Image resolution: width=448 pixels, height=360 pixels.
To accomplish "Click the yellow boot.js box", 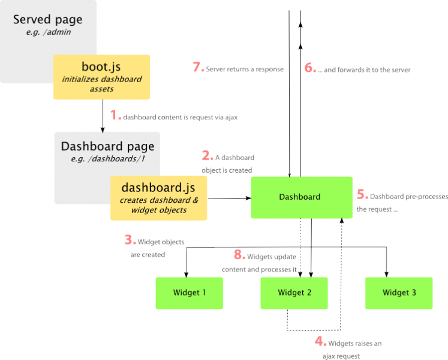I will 101,77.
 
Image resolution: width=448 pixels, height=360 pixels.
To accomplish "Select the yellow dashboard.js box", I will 158,198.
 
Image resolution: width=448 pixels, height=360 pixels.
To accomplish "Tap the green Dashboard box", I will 301,197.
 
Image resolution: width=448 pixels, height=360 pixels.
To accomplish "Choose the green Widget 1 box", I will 190,293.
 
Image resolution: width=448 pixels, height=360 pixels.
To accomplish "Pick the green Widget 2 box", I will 294,293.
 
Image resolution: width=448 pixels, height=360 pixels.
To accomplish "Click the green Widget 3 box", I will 399,293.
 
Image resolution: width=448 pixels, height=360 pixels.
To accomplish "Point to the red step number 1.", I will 114,114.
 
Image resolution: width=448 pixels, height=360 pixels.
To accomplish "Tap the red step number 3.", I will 130,241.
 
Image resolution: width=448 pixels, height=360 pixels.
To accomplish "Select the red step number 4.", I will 320,342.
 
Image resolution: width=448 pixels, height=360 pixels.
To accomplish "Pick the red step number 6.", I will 309,68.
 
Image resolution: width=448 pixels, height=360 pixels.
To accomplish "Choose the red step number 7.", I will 198,68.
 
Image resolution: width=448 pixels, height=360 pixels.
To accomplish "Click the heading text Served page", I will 48,19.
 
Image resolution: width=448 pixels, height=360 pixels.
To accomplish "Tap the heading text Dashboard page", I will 107,146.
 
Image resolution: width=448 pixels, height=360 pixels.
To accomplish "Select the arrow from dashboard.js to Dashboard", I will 228,197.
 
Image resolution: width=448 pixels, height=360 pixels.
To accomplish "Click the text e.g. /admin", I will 48,32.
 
